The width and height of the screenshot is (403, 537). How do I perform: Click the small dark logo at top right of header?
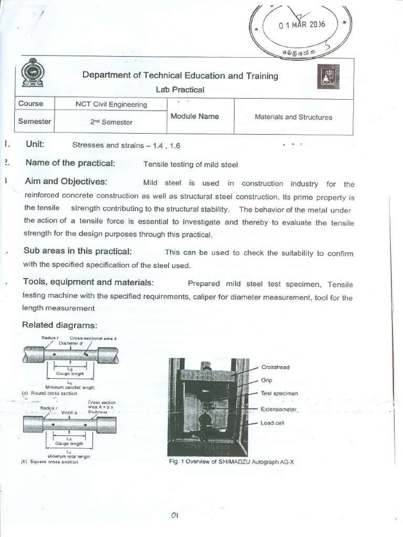pos(328,77)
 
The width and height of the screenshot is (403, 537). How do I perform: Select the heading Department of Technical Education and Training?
pos(180,76)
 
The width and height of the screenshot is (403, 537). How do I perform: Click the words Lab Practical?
pos(180,90)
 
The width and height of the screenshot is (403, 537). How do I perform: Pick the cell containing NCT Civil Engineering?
pos(111,104)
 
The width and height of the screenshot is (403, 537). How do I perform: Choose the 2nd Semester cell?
pos(111,122)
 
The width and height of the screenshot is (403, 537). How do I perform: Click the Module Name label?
pos(194,116)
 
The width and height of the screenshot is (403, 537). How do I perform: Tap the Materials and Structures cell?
pos(293,117)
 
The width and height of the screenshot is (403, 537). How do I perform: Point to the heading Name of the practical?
pos(70,163)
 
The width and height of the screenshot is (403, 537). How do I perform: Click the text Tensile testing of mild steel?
pos(190,165)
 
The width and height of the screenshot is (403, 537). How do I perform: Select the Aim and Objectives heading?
pos(65,181)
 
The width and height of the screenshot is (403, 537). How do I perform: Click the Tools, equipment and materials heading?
pos(88,282)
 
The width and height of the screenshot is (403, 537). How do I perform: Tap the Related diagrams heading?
pos(59,325)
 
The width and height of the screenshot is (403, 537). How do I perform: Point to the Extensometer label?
pos(279,409)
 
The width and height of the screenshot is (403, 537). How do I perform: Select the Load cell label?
pos(272,423)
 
